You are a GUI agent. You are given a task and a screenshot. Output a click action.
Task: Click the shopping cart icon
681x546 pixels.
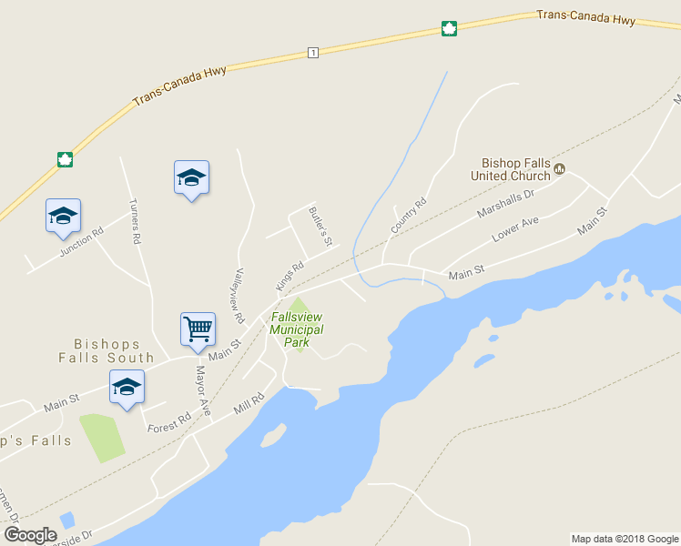[198, 329]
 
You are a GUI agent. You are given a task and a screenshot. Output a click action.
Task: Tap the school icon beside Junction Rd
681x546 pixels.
[63, 216]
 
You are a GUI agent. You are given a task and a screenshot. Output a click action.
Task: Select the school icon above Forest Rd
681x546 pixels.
[127, 386]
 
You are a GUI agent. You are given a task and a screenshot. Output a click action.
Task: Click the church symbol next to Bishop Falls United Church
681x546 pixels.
[560, 168]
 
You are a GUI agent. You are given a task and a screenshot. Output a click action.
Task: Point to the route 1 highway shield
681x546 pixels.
[313, 53]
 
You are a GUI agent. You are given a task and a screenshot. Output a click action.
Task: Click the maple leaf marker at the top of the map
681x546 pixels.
[449, 28]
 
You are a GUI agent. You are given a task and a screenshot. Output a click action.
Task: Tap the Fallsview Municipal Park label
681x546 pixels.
[297, 329]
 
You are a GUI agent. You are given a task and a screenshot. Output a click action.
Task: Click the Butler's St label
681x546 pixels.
[320, 227]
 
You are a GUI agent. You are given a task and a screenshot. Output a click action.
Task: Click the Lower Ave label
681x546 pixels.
[515, 228]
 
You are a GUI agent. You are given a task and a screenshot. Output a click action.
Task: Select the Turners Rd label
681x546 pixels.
[135, 221]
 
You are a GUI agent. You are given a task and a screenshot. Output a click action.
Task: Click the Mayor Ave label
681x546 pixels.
[203, 391]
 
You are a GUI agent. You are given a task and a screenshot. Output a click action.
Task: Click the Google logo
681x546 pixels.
[30, 534]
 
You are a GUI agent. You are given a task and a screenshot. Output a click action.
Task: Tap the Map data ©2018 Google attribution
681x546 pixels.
[625, 539]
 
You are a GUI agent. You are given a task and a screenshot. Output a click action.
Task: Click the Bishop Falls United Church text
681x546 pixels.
[515, 169]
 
